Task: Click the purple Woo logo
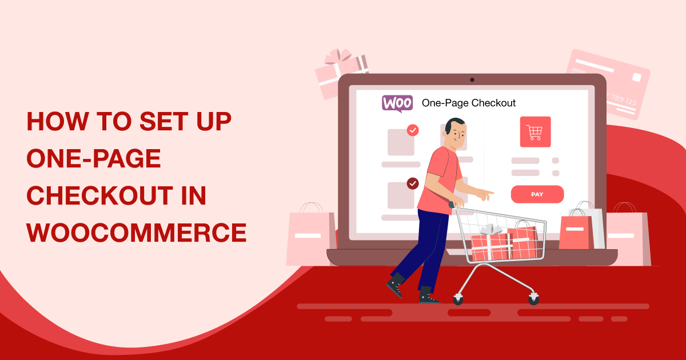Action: pos(397,103)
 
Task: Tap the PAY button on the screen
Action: pos(537,194)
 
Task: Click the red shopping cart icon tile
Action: pos(535,132)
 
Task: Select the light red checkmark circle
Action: pos(412,130)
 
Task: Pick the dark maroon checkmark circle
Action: pos(412,183)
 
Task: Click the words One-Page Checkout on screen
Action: pos(468,103)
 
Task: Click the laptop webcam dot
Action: pos(472,79)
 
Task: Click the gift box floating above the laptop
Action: pos(341,73)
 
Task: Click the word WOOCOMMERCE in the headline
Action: pos(137,233)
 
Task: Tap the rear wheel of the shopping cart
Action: pos(458,298)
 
